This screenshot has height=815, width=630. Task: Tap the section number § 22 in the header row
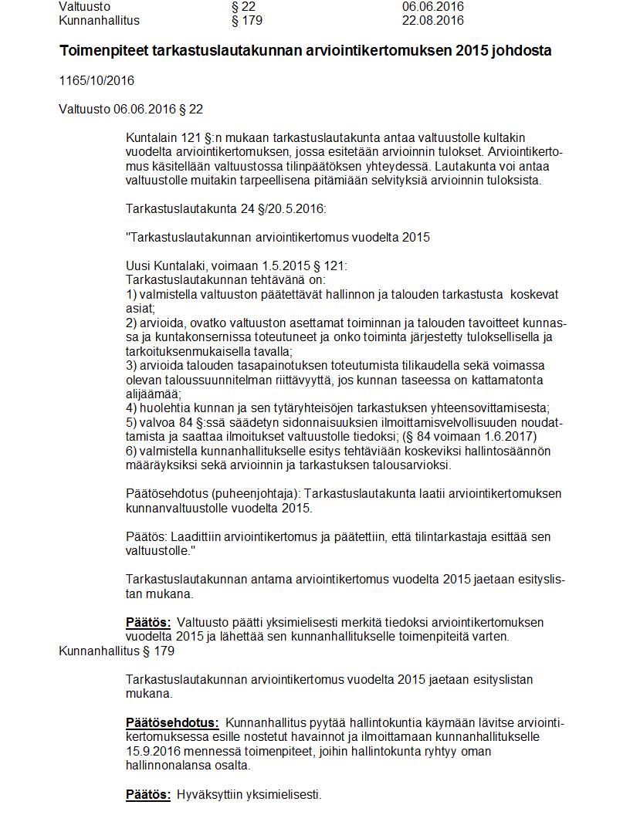tap(243, 7)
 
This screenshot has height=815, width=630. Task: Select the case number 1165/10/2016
tap(97, 80)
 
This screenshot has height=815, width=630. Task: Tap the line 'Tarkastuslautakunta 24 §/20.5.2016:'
tap(224, 208)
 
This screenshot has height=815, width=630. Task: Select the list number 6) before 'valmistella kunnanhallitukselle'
tap(131, 451)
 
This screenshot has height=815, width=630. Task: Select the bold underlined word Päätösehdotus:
tap(172, 723)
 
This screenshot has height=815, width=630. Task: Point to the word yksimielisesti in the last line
tap(284, 794)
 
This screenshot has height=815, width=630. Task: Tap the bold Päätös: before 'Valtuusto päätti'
tap(148, 622)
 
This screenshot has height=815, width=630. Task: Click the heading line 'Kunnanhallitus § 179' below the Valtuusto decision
tap(117, 651)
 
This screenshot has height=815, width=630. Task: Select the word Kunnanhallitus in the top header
tap(99, 20)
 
